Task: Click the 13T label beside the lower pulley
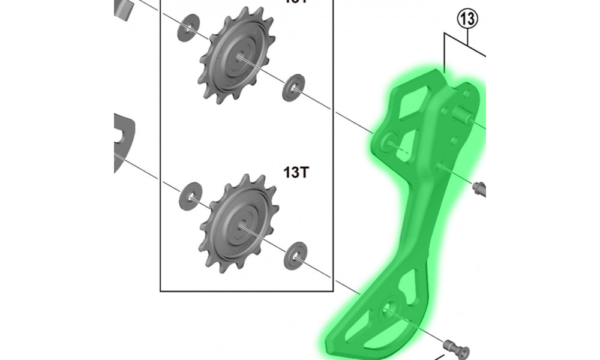point(296,173)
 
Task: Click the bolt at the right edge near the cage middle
point(479,190)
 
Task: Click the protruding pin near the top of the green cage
point(464,115)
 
